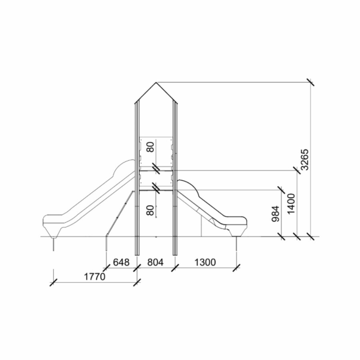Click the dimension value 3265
click(x=305, y=160)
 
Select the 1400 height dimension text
click(x=291, y=204)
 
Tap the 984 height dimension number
click(x=276, y=214)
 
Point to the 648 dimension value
click(x=121, y=262)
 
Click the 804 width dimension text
click(x=155, y=262)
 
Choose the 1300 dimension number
click(x=205, y=262)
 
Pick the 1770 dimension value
click(x=94, y=277)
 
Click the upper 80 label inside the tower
click(x=151, y=146)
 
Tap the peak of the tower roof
click(x=156, y=82)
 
